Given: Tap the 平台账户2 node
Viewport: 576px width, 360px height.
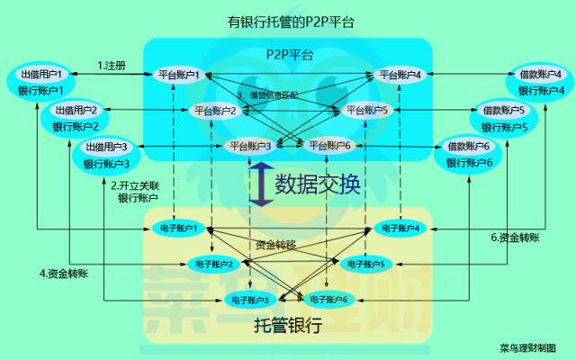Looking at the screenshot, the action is (215, 111).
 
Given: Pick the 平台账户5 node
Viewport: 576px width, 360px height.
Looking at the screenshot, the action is (365, 111).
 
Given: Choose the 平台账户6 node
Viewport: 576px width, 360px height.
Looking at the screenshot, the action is (329, 145).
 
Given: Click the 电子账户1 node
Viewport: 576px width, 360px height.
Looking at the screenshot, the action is (175, 229).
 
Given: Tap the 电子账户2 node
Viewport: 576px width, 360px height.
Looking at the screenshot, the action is (214, 264).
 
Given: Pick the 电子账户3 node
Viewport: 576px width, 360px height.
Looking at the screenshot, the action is (252, 299).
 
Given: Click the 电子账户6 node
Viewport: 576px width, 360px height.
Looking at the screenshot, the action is (328, 299).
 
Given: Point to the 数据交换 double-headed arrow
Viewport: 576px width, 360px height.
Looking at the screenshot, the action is (259, 184).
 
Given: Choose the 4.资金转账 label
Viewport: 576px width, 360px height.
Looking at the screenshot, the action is (64, 273).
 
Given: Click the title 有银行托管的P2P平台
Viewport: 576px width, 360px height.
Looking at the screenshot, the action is (288, 21).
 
